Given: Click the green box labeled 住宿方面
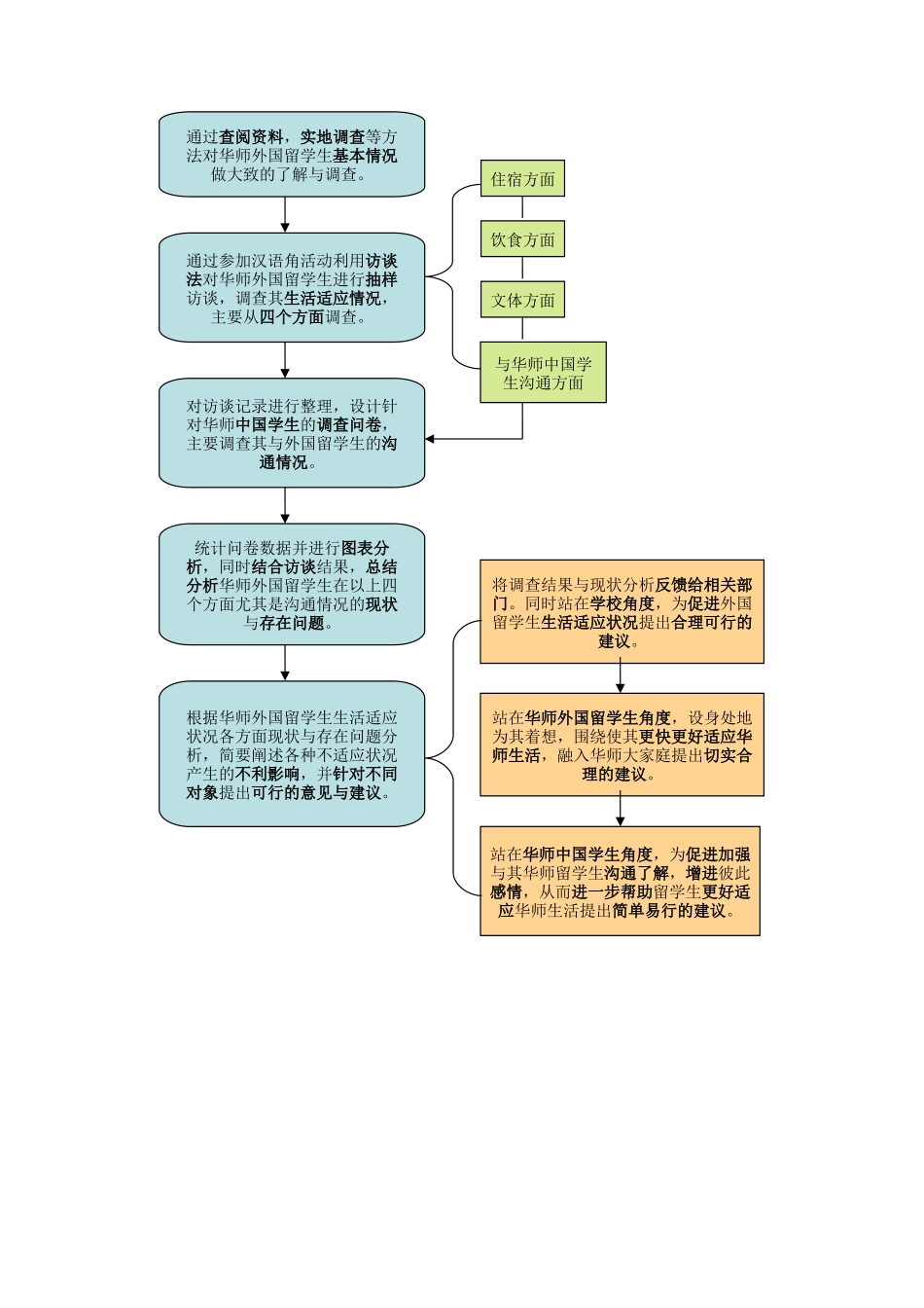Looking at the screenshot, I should tap(522, 179).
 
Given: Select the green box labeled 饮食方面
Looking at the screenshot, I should tap(522, 239).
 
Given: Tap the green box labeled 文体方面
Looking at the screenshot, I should tap(522, 300).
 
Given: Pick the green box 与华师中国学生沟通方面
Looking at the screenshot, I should tap(543, 373).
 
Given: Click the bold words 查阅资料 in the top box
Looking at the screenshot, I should tap(251, 137).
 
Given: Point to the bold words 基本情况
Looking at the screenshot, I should tap(365, 156).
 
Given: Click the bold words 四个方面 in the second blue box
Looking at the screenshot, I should tap(292, 317).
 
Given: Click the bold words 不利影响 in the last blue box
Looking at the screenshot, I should tap(267, 775).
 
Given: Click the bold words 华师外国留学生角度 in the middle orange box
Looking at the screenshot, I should tap(597, 718).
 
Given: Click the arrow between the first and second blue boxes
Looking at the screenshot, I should tap(285, 216).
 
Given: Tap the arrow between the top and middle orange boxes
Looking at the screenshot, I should tap(620, 678).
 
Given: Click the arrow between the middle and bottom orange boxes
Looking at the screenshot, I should tap(620, 811).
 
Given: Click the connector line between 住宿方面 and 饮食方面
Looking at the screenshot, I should tap(522, 207).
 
